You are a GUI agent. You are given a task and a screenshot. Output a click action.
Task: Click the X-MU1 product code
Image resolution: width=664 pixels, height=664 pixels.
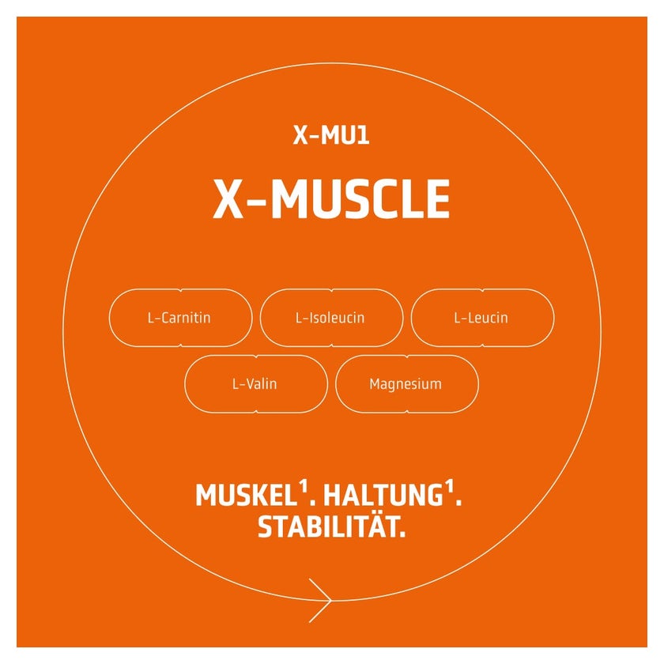click(x=331, y=135)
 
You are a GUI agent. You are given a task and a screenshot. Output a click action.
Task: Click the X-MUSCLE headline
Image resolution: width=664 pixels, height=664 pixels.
click(x=331, y=198)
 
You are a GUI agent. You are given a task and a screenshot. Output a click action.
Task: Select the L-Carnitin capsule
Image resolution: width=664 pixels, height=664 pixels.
click(x=181, y=318)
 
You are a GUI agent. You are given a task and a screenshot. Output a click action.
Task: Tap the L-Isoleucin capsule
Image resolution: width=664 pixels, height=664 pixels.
click(x=331, y=318)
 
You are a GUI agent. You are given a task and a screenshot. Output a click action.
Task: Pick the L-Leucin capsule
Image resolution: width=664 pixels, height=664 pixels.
click(x=483, y=318)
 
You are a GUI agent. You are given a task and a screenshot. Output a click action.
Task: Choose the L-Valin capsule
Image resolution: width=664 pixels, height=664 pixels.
click(x=256, y=383)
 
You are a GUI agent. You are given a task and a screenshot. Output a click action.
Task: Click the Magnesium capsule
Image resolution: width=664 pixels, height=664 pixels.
click(x=407, y=383)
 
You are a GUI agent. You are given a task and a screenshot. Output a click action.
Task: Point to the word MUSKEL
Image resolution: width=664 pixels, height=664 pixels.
click(x=247, y=495)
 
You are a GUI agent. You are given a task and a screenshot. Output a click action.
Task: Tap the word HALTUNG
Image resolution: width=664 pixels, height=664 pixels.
click(x=383, y=495)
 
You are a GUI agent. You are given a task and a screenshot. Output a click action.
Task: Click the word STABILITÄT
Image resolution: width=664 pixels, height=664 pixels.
click(x=328, y=526)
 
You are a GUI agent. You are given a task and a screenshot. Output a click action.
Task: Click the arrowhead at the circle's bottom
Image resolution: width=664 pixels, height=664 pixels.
click(x=321, y=600)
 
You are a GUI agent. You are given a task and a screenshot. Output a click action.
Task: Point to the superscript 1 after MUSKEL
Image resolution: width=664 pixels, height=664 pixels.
click(x=303, y=487)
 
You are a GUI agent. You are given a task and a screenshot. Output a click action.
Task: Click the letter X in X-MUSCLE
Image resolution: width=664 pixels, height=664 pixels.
click(x=228, y=198)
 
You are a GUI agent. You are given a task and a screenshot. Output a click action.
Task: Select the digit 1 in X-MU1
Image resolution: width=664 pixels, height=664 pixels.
click(x=363, y=135)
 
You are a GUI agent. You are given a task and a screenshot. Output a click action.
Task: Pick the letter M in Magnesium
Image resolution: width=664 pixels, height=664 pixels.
click(x=375, y=383)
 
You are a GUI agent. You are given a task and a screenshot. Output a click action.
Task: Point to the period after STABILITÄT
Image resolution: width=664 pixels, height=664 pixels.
click(x=402, y=534)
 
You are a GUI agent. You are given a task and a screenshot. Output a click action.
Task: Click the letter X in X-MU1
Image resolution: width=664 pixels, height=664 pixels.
click(x=300, y=135)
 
